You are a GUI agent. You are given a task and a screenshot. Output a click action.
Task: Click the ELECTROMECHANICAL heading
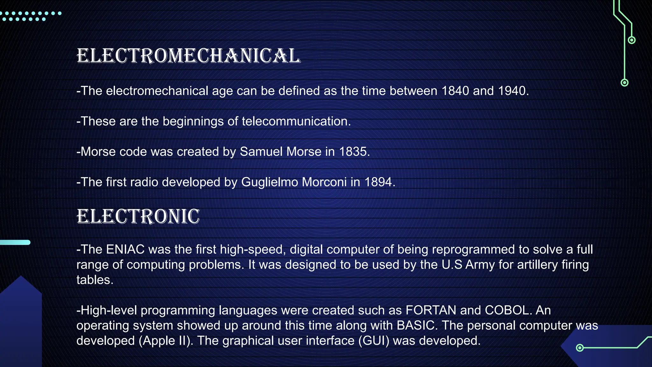[188, 56]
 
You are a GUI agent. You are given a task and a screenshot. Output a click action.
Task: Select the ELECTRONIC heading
[138, 217]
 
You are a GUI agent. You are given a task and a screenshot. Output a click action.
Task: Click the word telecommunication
[296, 121]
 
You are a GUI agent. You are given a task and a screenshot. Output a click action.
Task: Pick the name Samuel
[261, 152]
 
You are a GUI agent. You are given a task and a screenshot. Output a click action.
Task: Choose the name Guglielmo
[270, 182]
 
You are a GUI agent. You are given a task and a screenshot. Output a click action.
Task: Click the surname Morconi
[324, 182]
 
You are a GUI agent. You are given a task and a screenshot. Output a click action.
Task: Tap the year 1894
[378, 182]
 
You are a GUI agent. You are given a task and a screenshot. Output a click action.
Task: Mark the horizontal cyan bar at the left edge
[15, 242]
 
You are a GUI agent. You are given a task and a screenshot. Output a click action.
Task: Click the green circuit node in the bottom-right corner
[580, 348]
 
